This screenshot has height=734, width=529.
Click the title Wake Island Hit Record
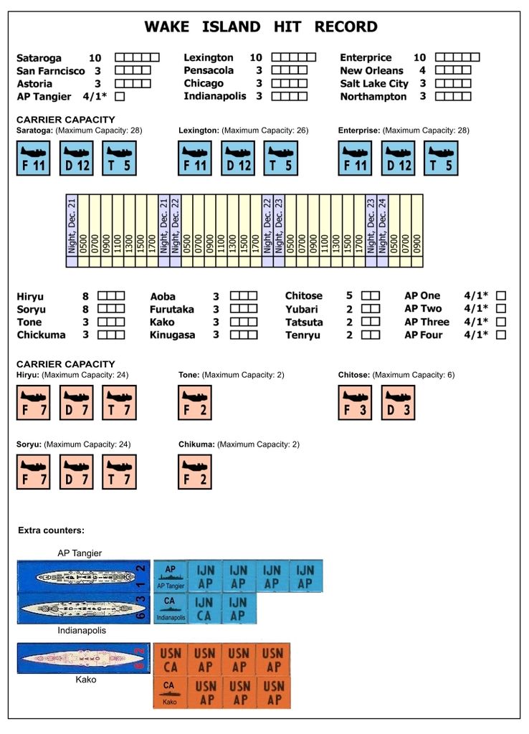pos(261,27)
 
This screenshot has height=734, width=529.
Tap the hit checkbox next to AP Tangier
pos(120,96)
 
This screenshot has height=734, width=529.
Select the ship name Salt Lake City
pos(374,84)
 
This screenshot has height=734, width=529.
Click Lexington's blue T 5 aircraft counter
pos(281,158)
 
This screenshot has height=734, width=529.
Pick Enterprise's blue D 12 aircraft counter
pos(399,158)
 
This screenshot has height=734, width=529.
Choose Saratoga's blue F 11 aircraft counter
pos(34,158)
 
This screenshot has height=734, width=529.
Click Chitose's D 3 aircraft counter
pos(398,402)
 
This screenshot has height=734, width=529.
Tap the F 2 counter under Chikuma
pos(195,472)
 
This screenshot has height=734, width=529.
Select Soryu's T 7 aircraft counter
pos(119,472)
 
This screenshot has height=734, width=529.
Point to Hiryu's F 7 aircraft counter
pos(34,402)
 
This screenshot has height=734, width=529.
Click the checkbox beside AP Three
pos(501,322)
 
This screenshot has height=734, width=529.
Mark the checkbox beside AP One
pos(501,295)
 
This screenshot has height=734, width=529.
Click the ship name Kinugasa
pos(172,335)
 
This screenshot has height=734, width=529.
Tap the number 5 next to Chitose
pos(349,295)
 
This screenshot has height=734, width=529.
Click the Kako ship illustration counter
pos(84,658)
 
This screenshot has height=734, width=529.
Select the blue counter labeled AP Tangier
pos(171,576)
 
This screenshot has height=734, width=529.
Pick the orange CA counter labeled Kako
pos(170,693)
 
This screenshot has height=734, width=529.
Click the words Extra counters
pos(52,530)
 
